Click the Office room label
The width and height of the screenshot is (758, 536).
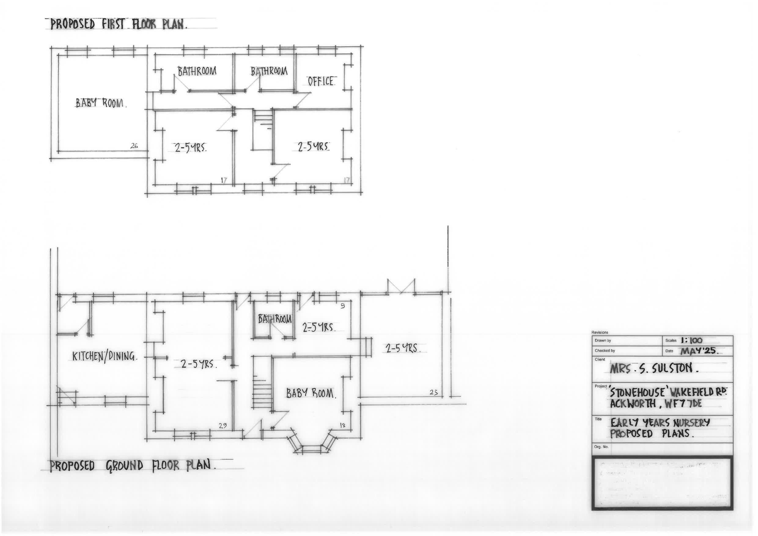320,81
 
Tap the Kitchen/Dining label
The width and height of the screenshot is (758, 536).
104,356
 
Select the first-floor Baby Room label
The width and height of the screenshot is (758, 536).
101,103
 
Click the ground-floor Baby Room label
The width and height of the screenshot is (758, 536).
311,393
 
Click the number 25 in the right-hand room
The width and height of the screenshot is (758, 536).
433,392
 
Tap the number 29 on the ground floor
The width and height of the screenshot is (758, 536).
223,426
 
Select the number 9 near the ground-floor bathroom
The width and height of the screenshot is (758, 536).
343,306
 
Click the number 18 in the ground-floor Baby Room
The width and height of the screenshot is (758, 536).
342,425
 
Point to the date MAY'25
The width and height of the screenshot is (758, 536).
699,351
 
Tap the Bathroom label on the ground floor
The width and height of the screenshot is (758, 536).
275,319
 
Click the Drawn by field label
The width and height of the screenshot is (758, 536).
603,341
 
